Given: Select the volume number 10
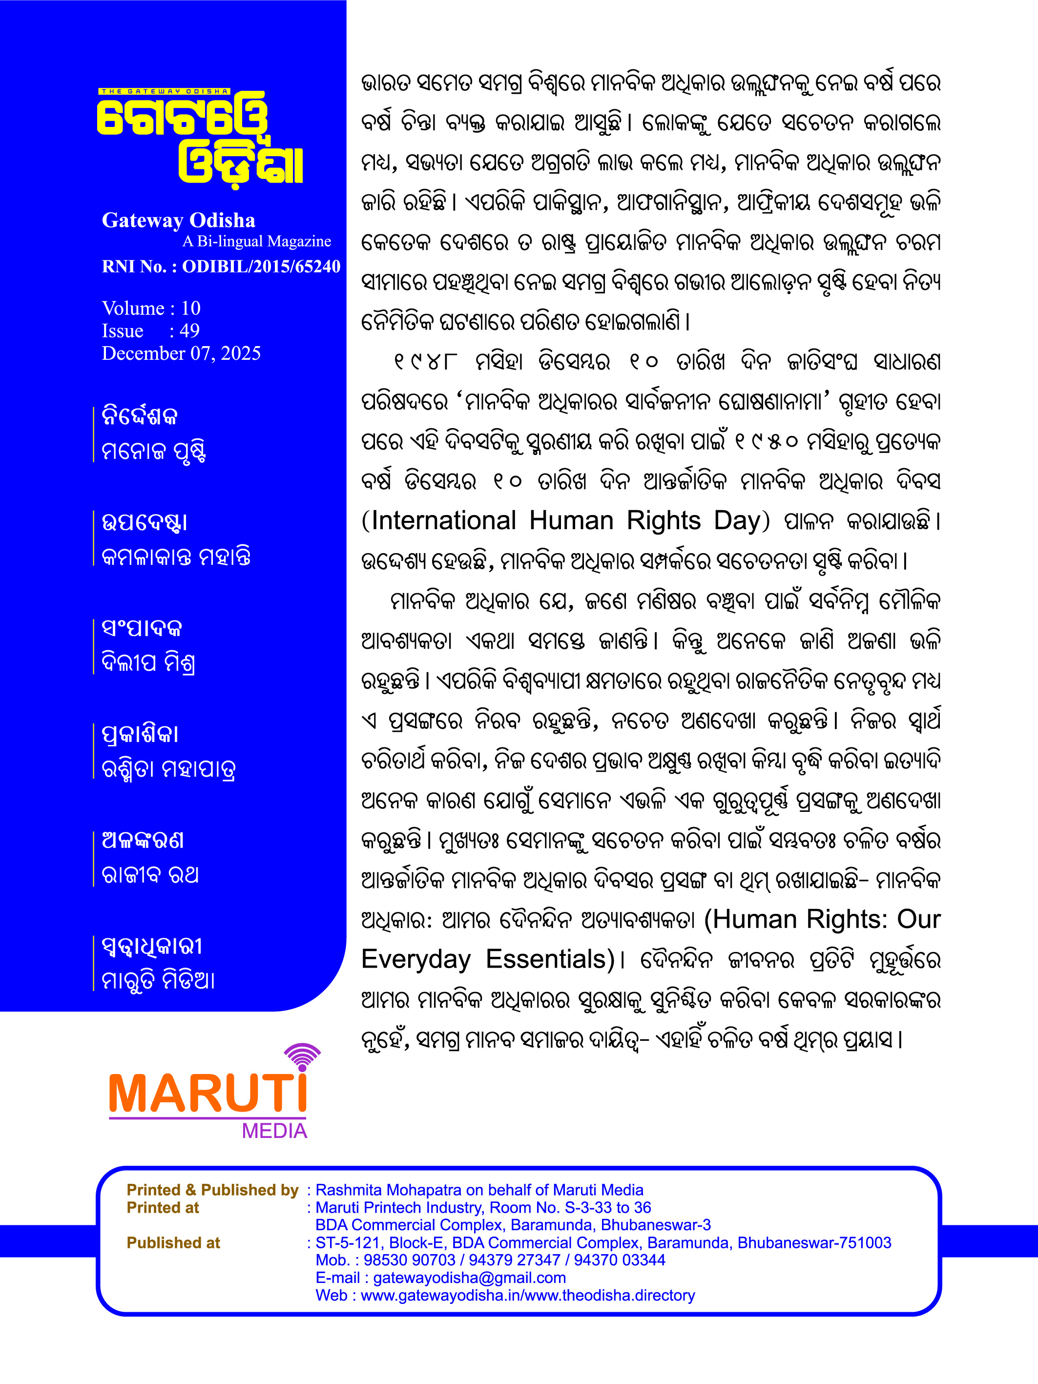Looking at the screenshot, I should click(191, 308).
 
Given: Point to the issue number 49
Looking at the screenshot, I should click(189, 331).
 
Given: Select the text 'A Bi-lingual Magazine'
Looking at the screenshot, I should click(256, 242).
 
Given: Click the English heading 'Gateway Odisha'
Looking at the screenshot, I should click(178, 220).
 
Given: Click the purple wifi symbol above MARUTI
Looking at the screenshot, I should click(303, 1057).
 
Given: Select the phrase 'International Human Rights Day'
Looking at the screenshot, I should click(565, 520).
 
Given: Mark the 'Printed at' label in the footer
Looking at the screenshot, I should click(163, 1208).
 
